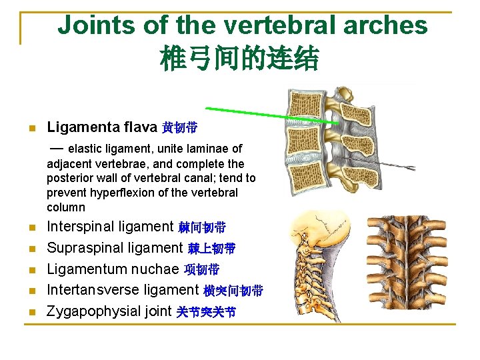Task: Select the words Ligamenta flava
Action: pyautogui.click(x=102, y=127)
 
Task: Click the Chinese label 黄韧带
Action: pyautogui.click(x=179, y=127)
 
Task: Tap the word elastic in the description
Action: pyautogui.click(x=85, y=149)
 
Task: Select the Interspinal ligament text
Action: pyautogui.click(x=110, y=227)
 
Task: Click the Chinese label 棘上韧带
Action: pyautogui.click(x=211, y=249)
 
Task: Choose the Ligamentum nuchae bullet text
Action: pyautogui.click(x=113, y=269)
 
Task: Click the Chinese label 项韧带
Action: pyautogui.click(x=201, y=270)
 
